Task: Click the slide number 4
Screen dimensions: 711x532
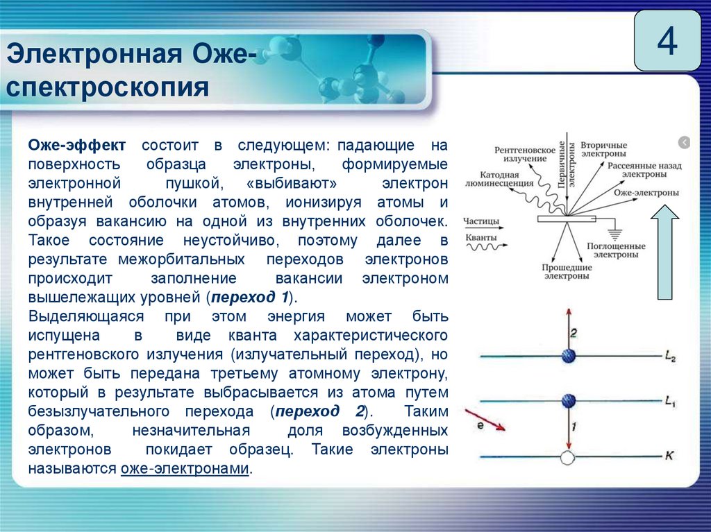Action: pos(667,42)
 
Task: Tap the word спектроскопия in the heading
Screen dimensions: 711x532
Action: pos(108,88)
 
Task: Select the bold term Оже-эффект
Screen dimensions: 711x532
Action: pos(76,146)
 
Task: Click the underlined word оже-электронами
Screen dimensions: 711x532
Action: pos(185,469)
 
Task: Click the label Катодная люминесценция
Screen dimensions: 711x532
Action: pos(505,180)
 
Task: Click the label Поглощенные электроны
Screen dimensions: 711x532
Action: pos(616,250)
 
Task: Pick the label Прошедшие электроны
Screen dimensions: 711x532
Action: pos(566,271)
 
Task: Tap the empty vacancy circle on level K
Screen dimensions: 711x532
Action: pos(568,457)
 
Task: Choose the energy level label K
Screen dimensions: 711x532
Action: pos(669,456)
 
